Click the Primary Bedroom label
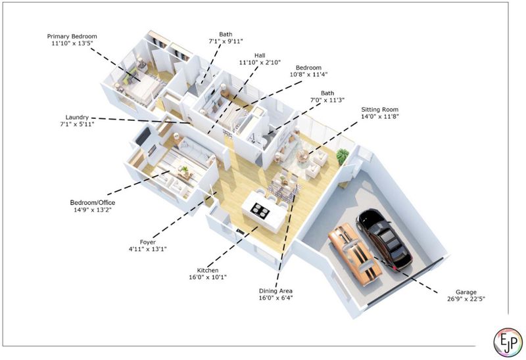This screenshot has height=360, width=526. [72, 36]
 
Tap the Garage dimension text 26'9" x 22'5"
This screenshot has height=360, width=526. [466, 299]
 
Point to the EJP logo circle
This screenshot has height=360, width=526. [508, 342]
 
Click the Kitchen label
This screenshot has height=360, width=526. [208, 270]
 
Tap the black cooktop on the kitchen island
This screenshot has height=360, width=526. [260, 210]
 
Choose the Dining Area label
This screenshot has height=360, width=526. [275, 291]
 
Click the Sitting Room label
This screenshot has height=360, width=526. [380, 109]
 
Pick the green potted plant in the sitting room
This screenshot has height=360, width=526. [343, 156]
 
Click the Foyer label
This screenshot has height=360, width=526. [147, 242]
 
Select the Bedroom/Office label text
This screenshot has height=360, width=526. [93, 202]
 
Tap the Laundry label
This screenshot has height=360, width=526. [77, 118]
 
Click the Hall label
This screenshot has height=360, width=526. [260, 55]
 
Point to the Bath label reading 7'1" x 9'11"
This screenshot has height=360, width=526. [226, 34]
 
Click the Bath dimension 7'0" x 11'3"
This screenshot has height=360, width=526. [327, 100]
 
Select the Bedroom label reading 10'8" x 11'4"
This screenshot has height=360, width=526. [308, 68]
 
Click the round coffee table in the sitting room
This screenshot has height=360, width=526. [304, 156]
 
